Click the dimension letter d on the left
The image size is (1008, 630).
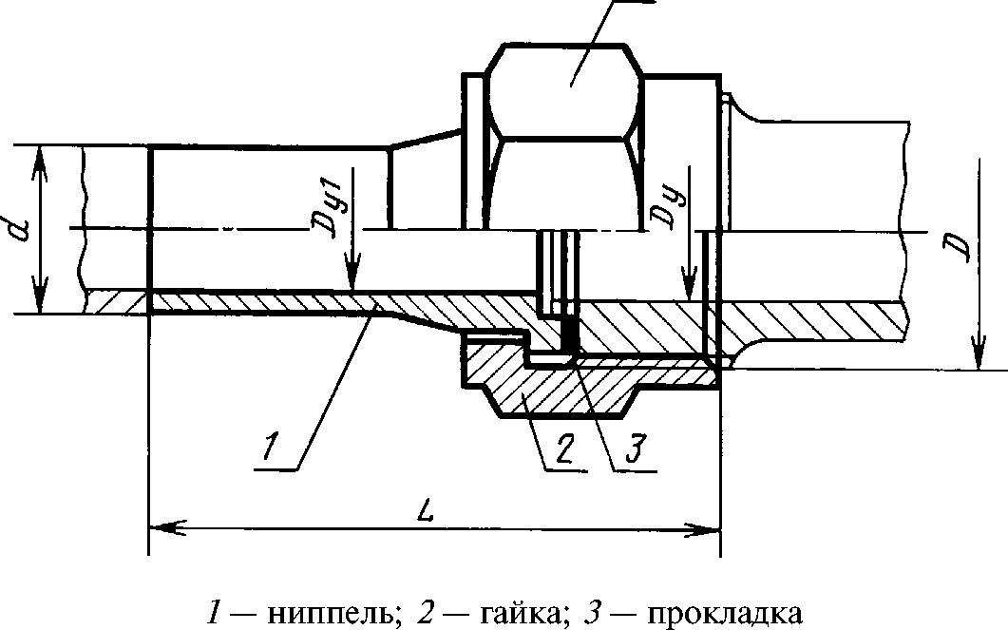[x=20, y=230]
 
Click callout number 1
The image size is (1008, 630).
[x=271, y=448]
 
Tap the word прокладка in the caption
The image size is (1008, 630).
[x=724, y=613]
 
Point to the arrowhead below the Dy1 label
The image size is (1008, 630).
[x=352, y=277]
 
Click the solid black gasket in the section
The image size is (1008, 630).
[x=570, y=329]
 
